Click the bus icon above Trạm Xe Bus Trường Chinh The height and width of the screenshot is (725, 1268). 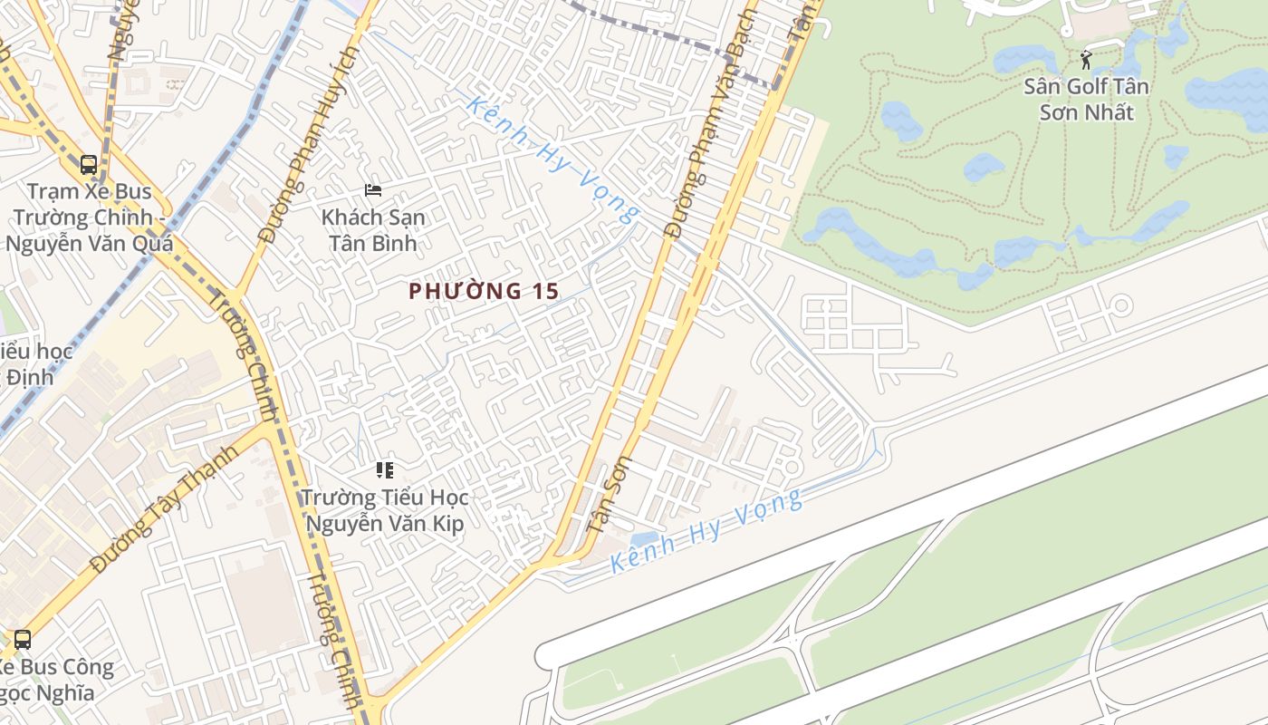point(89,165)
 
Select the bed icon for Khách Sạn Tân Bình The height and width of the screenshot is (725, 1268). point(372,190)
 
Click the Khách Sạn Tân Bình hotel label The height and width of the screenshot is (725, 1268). point(373,230)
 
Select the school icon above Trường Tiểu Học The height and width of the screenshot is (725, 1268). point(385,469)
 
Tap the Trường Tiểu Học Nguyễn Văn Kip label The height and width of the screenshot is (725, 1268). point(385,510)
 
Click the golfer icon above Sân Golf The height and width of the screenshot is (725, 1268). point(1086,61)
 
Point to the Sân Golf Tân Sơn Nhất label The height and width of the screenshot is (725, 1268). point(1087,100)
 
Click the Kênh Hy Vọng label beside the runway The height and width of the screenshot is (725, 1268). point(706,530)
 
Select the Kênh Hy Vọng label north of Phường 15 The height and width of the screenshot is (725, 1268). point(552,159)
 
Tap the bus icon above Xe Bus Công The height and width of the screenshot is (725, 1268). point(23,639)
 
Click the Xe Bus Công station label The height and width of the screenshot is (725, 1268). point(54,680)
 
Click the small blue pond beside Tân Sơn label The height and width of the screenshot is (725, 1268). point(644,540)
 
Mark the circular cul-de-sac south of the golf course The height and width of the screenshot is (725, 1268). point(1121,305)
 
